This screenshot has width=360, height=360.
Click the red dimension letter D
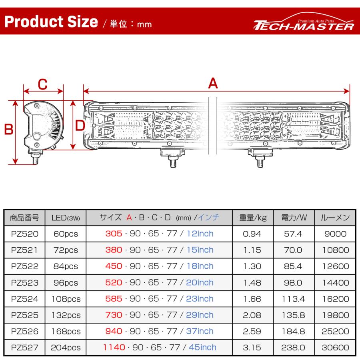coord(80,126)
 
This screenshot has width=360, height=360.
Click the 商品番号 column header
coord(25,218)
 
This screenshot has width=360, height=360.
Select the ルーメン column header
coord(335,218)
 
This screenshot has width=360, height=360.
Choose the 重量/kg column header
coord(253,218)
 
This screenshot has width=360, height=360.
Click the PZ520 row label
coord(25,234)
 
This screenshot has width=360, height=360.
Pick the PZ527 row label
coord(25,348)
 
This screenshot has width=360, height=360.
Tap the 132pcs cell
coord(66,315)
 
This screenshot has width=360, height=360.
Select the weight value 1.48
coord(252,283)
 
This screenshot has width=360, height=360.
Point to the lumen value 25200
coord(335,331)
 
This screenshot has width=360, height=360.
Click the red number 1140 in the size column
coord(114,348)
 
